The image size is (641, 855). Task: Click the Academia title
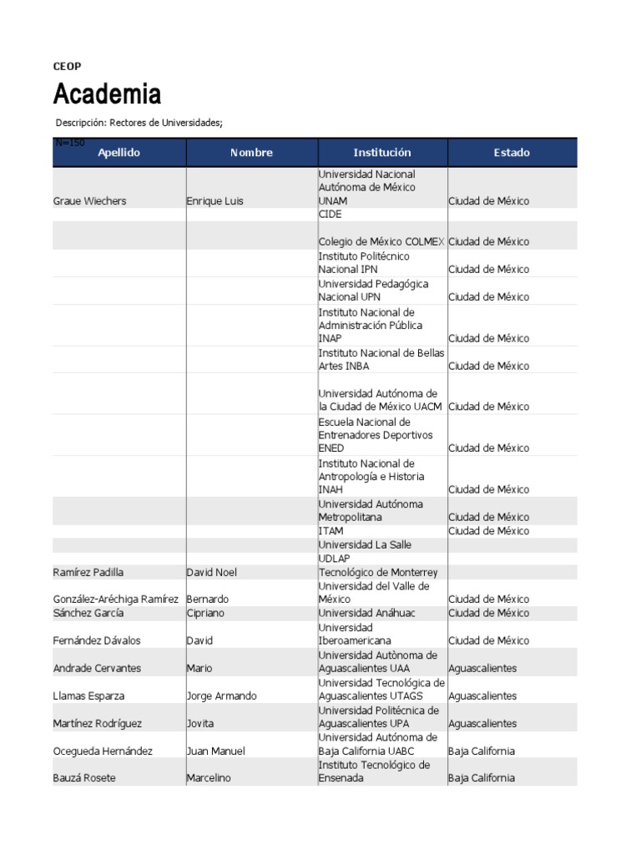click(x=107, y=94)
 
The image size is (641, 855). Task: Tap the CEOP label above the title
click(x=67, y=66)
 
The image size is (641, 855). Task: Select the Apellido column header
click(x=119, y=153)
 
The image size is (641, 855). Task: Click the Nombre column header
click(x=251, y=153)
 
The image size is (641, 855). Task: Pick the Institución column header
click(x=382, y=153)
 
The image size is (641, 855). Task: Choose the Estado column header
click(x=511, y=153)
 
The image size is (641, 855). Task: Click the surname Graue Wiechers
click(x=89, y=201)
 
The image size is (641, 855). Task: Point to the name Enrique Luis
click(x=215, y=201)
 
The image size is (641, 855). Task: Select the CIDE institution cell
click(x=331, y=215)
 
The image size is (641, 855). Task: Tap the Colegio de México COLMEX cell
click(x=381, y=242)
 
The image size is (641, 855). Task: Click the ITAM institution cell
click(x=331, y=531)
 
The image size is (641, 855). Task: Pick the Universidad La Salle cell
click(x=365, y=545)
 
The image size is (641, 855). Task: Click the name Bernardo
click(x=208, y=600)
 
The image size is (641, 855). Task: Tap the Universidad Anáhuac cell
click(x=366, y=613)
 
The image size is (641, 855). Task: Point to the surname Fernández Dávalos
click(x=97, y=641)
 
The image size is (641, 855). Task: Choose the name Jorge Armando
click(x=222, y=696)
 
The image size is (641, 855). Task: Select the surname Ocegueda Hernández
click(x=103, y=751)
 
